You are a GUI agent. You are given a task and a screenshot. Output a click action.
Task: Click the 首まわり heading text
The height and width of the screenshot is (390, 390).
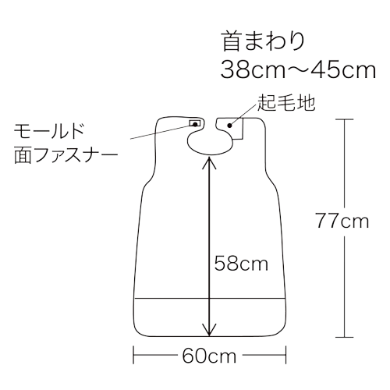point(263,41)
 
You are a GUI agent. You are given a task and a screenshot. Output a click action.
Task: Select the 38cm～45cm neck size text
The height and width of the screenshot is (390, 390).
point(298,69)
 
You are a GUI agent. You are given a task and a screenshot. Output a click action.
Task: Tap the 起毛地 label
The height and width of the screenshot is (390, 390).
point(286,103)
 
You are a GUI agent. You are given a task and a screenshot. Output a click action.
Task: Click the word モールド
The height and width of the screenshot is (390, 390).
point(49,131)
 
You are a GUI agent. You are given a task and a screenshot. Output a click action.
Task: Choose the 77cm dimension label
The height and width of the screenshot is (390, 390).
point(342,222)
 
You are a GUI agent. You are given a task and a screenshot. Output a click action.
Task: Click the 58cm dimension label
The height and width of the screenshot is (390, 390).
point(241,264)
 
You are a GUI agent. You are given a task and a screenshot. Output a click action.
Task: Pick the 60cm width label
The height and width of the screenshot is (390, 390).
point(209,356)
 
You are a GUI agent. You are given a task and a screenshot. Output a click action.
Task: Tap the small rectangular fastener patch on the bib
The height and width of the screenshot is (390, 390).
point(195,123)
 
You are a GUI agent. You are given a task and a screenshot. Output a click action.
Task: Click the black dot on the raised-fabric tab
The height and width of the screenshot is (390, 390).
point(229,126)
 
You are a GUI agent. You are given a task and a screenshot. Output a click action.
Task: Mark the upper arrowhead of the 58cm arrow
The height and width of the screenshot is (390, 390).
point(209,161)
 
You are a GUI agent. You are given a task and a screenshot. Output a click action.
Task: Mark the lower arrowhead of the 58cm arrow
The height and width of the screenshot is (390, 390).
point(209,330)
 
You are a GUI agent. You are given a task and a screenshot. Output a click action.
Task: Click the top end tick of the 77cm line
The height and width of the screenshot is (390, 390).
point(345,119)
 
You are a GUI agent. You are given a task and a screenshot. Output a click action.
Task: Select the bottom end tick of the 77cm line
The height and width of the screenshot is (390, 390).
point(345,337)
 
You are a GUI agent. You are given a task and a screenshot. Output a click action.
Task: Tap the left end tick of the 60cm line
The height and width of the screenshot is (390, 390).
point(133,355)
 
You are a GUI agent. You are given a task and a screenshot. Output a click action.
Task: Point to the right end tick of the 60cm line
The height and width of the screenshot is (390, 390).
point(285,355)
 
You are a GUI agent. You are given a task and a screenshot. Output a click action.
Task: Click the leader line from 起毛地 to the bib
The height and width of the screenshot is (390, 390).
point(243,115)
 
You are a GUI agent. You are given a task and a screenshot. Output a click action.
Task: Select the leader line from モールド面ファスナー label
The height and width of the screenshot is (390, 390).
point(162,131)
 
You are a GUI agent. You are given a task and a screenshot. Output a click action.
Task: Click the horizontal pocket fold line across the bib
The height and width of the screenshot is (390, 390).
point(210,299)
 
